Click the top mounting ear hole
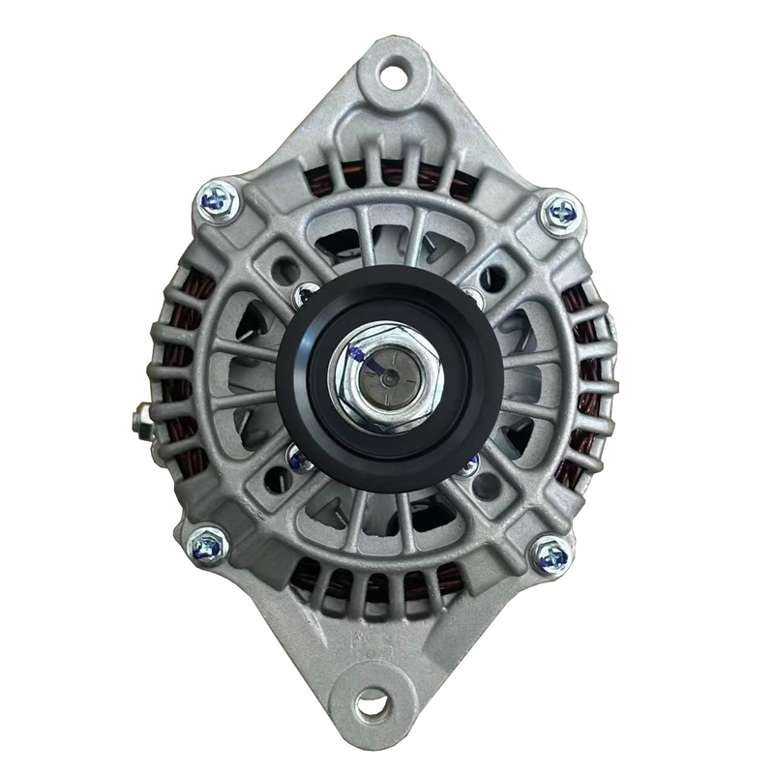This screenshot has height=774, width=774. coord(394,72)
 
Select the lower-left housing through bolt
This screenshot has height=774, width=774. coord(208,548)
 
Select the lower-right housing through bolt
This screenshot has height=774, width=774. coord(551,556)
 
